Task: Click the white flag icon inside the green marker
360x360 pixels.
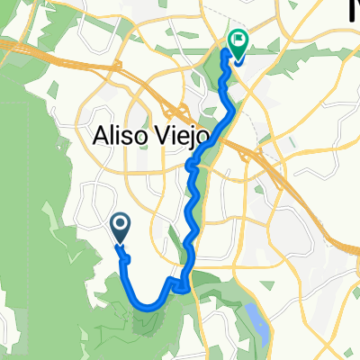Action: pos(239,39)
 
